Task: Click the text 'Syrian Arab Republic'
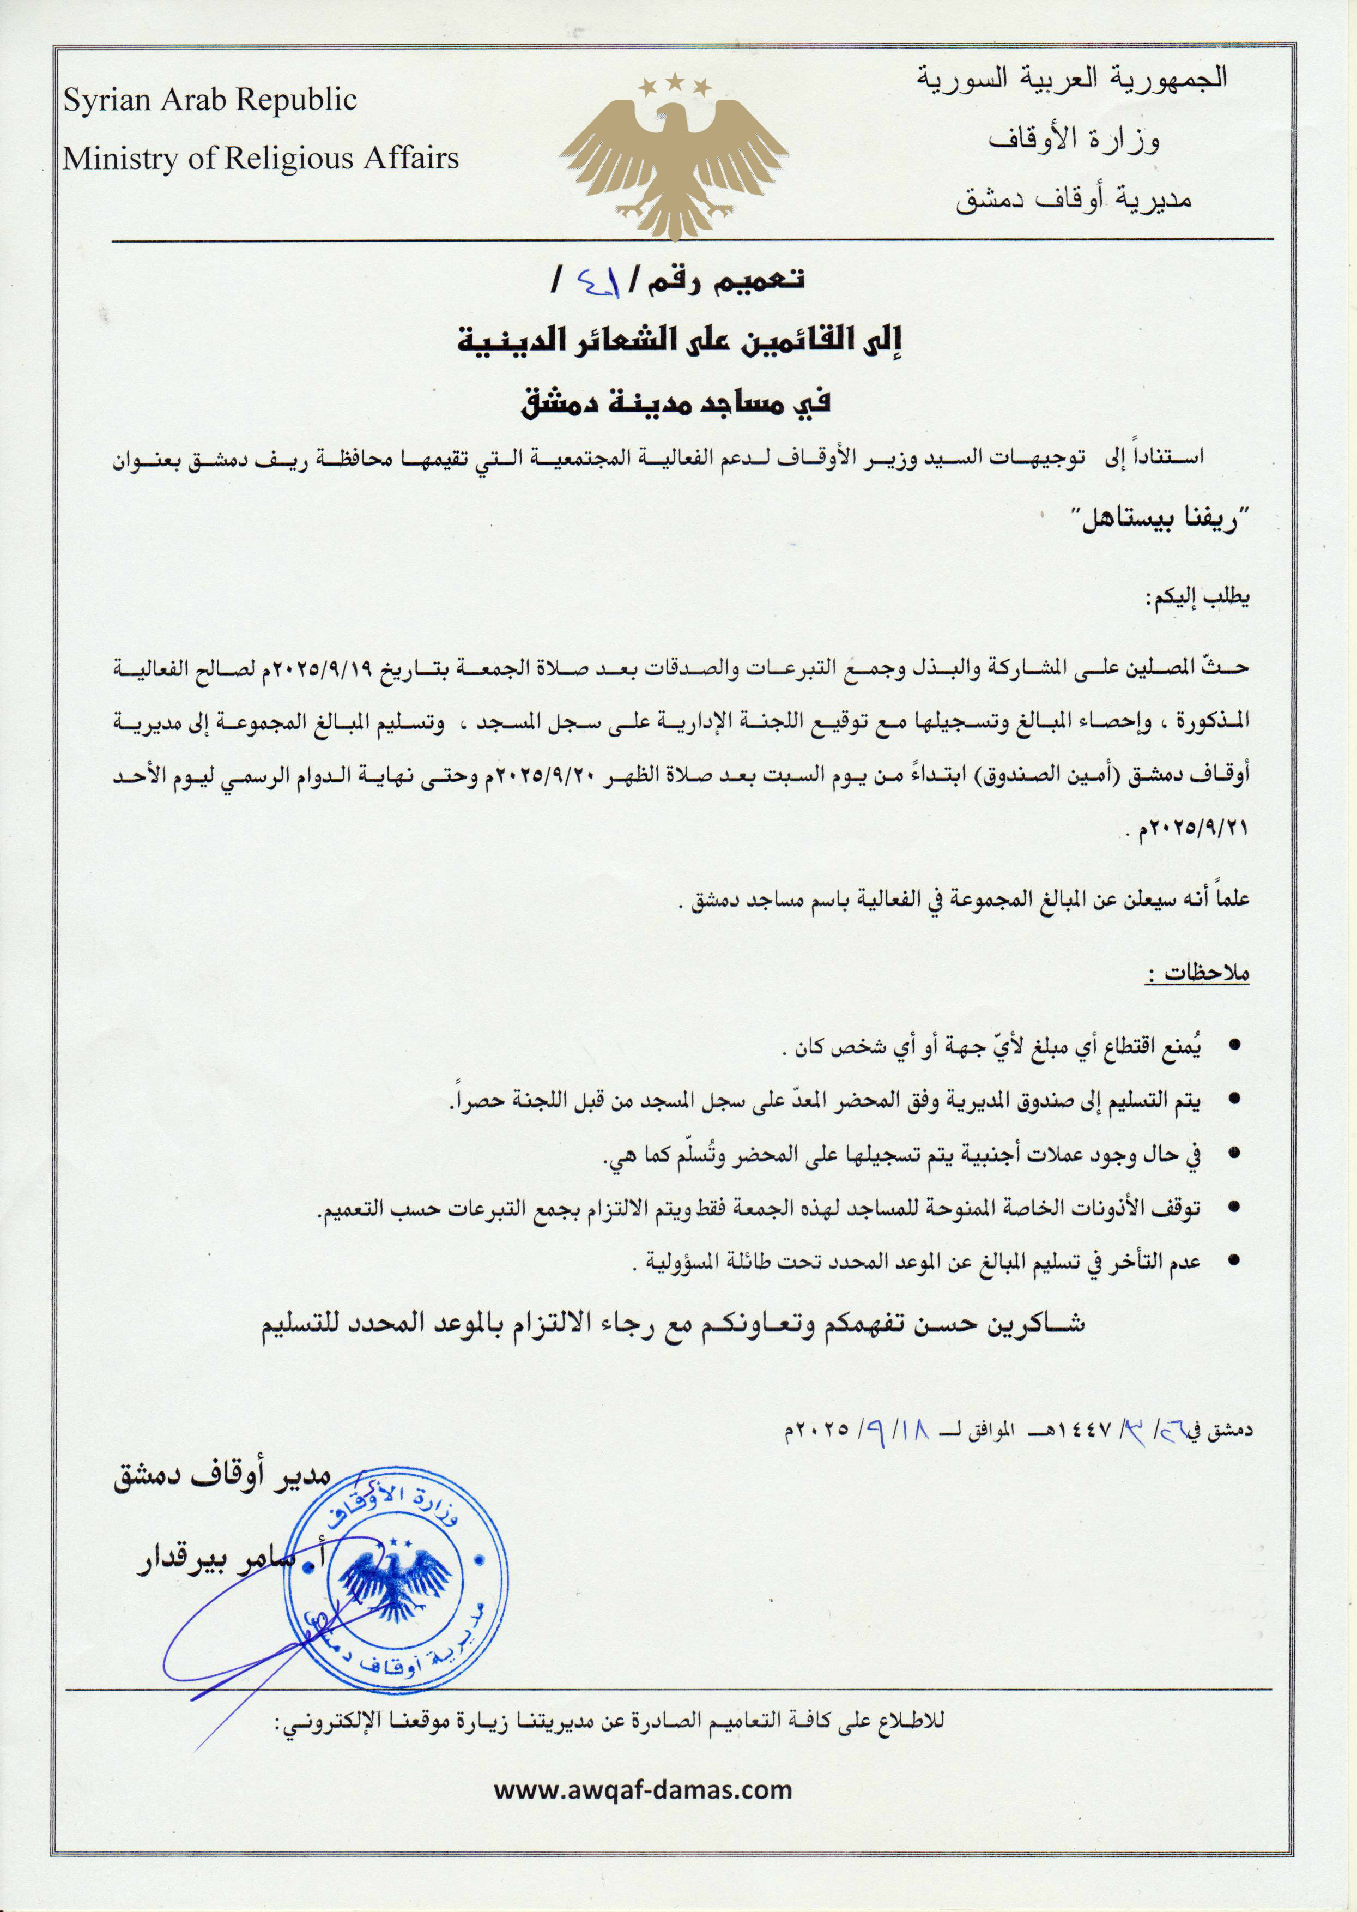[x=210, y=101]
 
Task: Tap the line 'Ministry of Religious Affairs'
[x=261, y=159]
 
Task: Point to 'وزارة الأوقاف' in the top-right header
[x=1074, y=140]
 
